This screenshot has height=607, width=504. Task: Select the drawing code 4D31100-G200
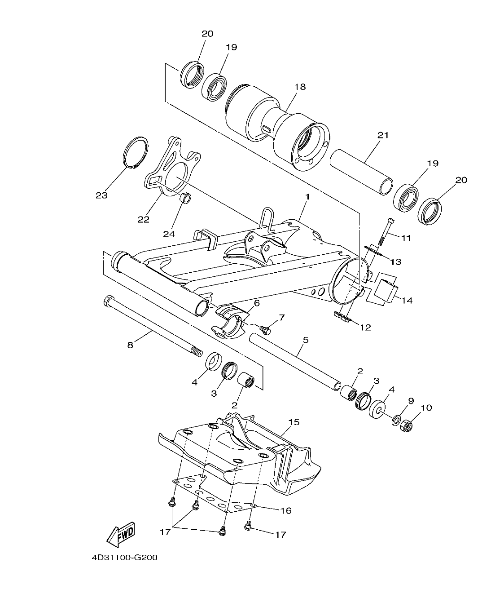click(x=124, y=558)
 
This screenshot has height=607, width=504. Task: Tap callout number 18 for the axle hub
click(x=300, y=87)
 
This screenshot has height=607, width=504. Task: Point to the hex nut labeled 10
click(x=406, y=425)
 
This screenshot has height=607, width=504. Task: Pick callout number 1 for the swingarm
click(x=307, y=197)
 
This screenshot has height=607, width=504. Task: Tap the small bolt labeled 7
click(x=266, y=330)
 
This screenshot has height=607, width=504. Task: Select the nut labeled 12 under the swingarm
click(x=342, y=317)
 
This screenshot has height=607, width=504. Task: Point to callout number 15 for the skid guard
click(x=294, y=422)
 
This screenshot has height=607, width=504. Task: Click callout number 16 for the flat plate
click(x=286, y=510)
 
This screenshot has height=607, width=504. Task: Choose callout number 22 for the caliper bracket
click(x=144, y=219)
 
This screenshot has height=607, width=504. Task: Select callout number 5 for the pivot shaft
click(x=306, y=340)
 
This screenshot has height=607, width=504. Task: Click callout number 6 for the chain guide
click(x=256, y=303)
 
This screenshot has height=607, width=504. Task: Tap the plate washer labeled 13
click(x=372, y=249)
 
